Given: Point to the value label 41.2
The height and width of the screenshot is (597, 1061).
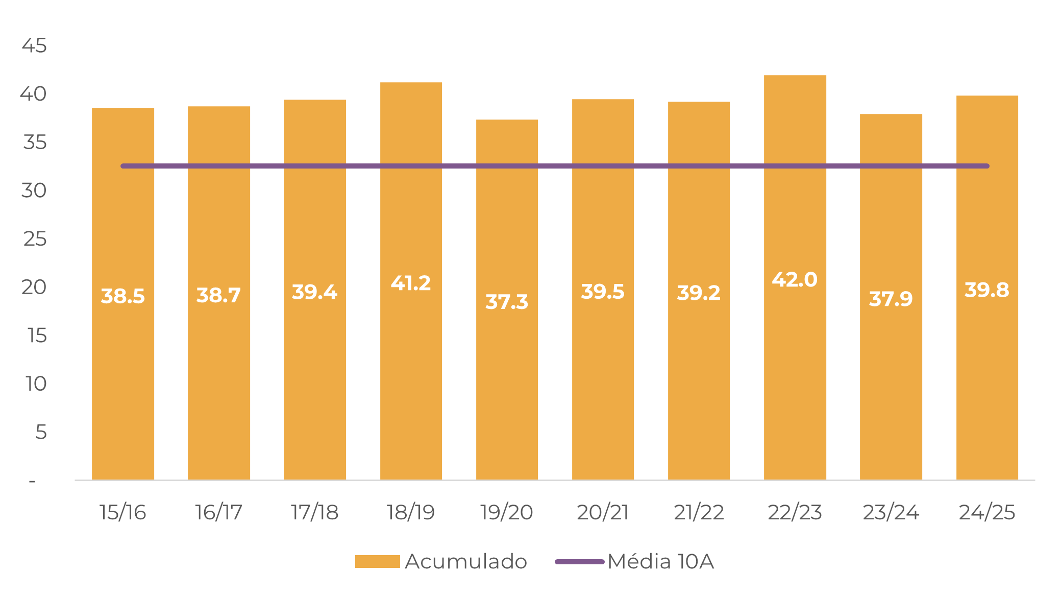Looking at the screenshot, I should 411,283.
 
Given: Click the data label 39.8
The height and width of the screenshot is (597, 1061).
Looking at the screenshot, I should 986,290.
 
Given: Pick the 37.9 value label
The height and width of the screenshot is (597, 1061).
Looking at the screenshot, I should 891,299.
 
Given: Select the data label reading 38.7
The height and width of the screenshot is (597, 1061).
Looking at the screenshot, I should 218,295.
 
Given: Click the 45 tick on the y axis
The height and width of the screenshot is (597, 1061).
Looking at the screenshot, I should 34,46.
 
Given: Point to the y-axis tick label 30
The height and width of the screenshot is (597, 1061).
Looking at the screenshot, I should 34,190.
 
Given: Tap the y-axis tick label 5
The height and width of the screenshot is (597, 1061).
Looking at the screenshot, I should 41,432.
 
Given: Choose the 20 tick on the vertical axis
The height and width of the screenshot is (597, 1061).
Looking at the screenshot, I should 34,287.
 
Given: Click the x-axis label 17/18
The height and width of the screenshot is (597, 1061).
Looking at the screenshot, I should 314,512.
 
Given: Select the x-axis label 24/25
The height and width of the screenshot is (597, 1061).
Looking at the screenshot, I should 987,512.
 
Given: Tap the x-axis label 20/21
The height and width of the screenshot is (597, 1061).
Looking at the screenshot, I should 603,512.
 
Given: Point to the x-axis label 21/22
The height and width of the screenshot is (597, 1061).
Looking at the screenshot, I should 699,512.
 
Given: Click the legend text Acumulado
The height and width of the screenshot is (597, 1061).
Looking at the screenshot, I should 465,561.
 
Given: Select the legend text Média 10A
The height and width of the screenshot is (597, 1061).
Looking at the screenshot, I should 660,561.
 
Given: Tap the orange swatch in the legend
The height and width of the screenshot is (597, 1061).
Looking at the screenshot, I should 377,561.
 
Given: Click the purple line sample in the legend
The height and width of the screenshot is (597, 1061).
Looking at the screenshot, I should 579,561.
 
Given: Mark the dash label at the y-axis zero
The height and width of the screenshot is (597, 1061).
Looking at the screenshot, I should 32,481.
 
